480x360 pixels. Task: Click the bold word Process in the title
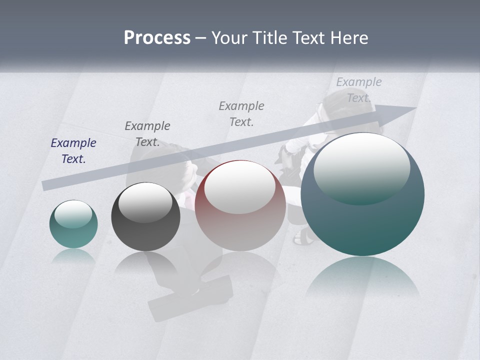pos(157,38)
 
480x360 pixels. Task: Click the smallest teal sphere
pos(73,224)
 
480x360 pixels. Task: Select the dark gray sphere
pos(145,217)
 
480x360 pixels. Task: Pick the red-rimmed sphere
pos(240,206)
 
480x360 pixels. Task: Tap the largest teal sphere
pos(362,194)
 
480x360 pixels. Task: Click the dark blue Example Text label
pos(73,151)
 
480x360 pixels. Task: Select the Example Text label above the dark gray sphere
pos(147,134)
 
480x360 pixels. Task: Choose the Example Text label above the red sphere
pos(241,114)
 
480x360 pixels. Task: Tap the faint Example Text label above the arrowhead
pos(358,90)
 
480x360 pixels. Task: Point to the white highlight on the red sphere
pos(240,186)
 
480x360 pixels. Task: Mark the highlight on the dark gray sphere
pos(145,201)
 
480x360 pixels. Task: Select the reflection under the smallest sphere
pos(73,255)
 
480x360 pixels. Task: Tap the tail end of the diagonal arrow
pos(46,185)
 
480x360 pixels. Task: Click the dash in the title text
pos(200,38)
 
